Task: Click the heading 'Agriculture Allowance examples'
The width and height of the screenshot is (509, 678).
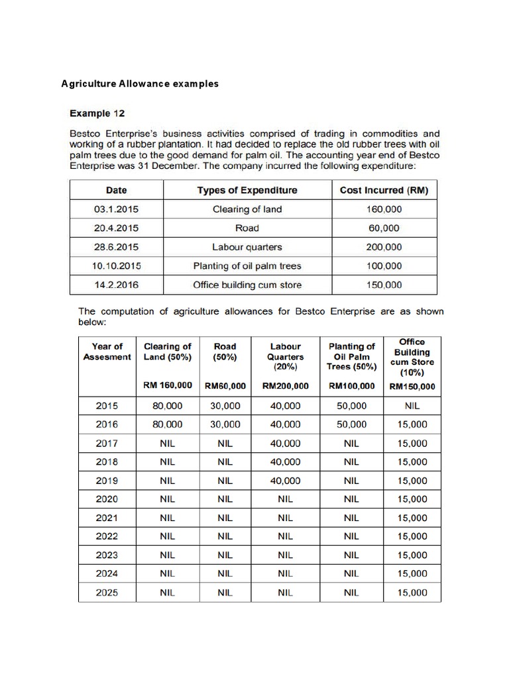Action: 140,84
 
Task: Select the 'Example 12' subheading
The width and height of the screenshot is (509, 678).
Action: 97,113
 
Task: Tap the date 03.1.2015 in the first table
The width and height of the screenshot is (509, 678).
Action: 116,209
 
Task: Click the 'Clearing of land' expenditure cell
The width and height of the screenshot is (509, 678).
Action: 247,209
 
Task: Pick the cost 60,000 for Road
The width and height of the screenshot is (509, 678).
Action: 384,228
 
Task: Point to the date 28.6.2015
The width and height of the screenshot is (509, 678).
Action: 116,247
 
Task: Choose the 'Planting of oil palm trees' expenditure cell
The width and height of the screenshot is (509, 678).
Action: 247,266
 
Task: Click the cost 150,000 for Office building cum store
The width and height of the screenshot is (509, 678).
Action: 384,285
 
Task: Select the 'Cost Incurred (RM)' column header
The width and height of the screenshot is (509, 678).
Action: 384,190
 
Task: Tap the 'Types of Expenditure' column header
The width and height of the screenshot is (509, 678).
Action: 247,190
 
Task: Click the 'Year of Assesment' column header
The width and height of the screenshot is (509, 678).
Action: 107,352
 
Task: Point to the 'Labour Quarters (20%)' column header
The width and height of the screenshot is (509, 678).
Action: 285,356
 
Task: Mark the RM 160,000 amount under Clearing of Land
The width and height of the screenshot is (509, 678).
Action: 168,385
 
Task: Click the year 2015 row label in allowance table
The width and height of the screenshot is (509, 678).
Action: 107,406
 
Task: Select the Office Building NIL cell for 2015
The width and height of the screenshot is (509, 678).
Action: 412,406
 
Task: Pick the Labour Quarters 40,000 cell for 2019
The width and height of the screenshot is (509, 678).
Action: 285,481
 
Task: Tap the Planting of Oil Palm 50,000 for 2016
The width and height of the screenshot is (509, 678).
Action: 351,424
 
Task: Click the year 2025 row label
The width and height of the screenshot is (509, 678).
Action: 107,593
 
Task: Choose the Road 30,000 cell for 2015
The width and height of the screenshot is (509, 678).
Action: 225,406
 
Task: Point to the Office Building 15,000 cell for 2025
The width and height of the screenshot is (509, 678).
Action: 412,593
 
